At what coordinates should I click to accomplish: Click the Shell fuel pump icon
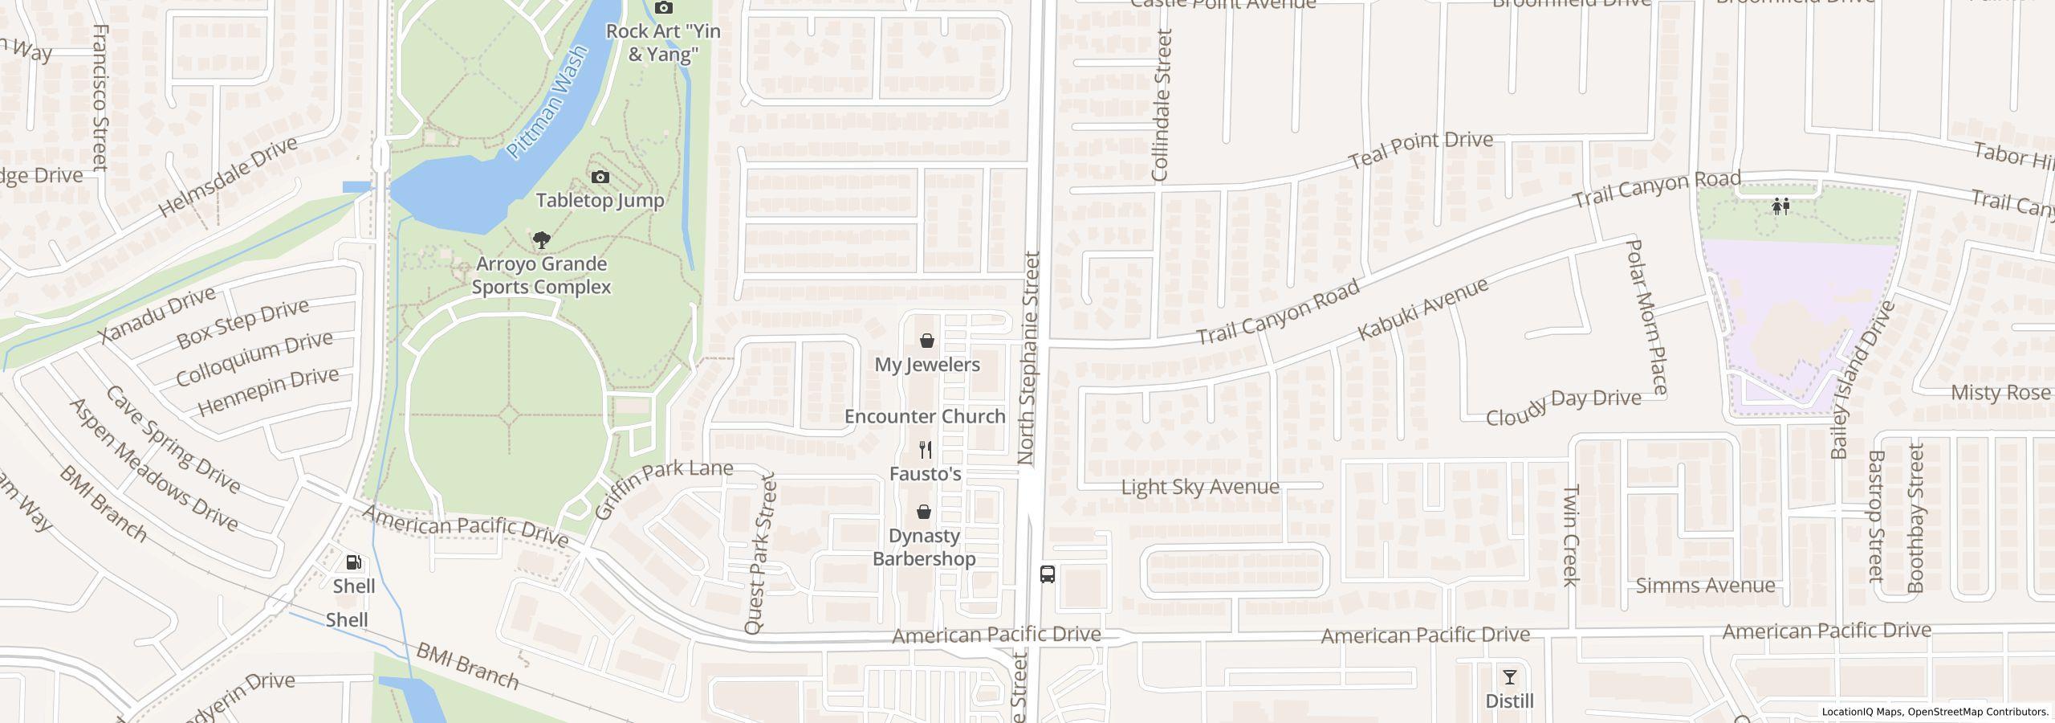(x=353, y=562)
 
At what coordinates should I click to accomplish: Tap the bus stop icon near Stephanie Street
(x=1047, y=574)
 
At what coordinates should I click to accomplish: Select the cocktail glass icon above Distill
(x=1509, y=677)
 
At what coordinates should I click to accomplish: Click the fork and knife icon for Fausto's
(x=926, y=450)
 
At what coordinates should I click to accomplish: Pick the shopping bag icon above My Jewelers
(x=927, y=341)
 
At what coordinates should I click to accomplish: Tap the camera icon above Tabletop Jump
(x=600, y=177)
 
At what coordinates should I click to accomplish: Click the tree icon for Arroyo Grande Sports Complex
(x=542, y=239)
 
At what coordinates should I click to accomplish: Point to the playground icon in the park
(x=1780, y=206)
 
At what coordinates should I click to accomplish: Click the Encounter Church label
(x=925, y=416)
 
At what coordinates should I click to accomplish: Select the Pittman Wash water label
(x=547, y=103)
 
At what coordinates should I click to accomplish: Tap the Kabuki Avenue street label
(x=1422, y=308)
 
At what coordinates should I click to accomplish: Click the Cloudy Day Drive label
(x=1563, y=407)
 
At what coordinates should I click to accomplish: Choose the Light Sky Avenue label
(x=1199, y=487)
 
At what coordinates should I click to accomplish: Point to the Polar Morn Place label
(x=1646, y=317)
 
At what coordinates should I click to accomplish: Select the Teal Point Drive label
(x=1421, y=150)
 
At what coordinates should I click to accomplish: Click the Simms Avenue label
(x=1705, y=586)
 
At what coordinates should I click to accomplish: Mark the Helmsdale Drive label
(x=228, y=177)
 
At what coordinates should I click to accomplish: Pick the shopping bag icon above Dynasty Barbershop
(x=924, y=512)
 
